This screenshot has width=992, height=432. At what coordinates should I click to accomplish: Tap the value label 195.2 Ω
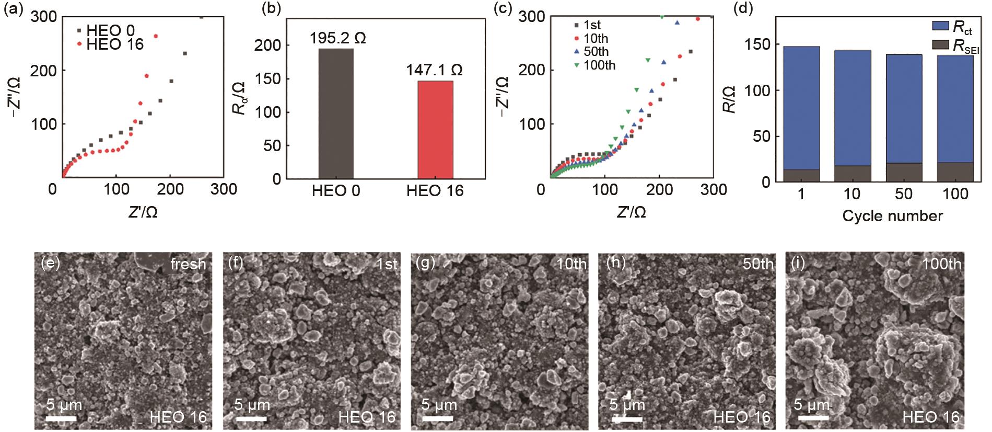(x=337, y=38)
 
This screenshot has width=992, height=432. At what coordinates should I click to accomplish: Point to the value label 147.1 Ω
(x=435, y=70)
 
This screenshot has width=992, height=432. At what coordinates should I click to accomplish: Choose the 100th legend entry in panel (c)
(x=599, y=65)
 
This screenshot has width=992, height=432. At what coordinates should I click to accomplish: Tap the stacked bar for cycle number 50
(x=904, y=118)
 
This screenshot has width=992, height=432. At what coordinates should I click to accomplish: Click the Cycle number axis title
(x=892, y=216)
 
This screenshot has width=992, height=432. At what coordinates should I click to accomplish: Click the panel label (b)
(x=271, y=10)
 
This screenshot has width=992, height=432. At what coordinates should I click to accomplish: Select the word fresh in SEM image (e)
(x=188, y=265)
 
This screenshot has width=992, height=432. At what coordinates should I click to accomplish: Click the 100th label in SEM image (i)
(x=941, y=264)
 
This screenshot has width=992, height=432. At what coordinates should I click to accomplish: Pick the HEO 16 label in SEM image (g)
(x=555, y=417)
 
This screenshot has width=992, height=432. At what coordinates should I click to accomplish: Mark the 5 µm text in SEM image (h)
(x=627, y=405)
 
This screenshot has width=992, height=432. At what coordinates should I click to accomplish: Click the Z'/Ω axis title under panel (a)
(x=142, y=212)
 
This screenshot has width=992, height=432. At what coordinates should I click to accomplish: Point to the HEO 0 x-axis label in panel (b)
(x=336, y=191)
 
